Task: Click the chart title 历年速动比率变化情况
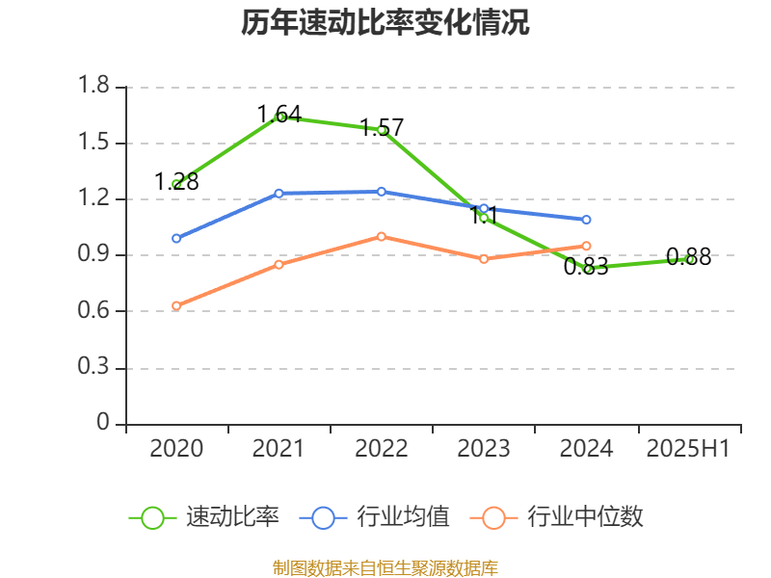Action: tap(385, 23)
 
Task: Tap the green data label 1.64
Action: tap(279, 115)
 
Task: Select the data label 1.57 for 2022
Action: tap(382, 127)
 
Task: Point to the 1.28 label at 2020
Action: tap(176, 181)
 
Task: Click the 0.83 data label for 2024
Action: tap(586, 267)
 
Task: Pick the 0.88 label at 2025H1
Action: tap(688, 257)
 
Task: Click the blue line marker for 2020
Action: tap(176, 238)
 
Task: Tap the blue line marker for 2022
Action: tap(382, 192)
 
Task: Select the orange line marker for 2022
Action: tap(382, 236)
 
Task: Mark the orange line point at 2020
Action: tap(176, 305)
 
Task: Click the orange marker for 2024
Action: tap(586, 246)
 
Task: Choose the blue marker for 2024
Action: tap(586, 220)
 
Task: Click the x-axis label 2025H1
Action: tap(688, 449)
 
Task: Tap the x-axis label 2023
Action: tap(484, 449)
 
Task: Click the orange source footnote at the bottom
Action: tap(385, 567)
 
